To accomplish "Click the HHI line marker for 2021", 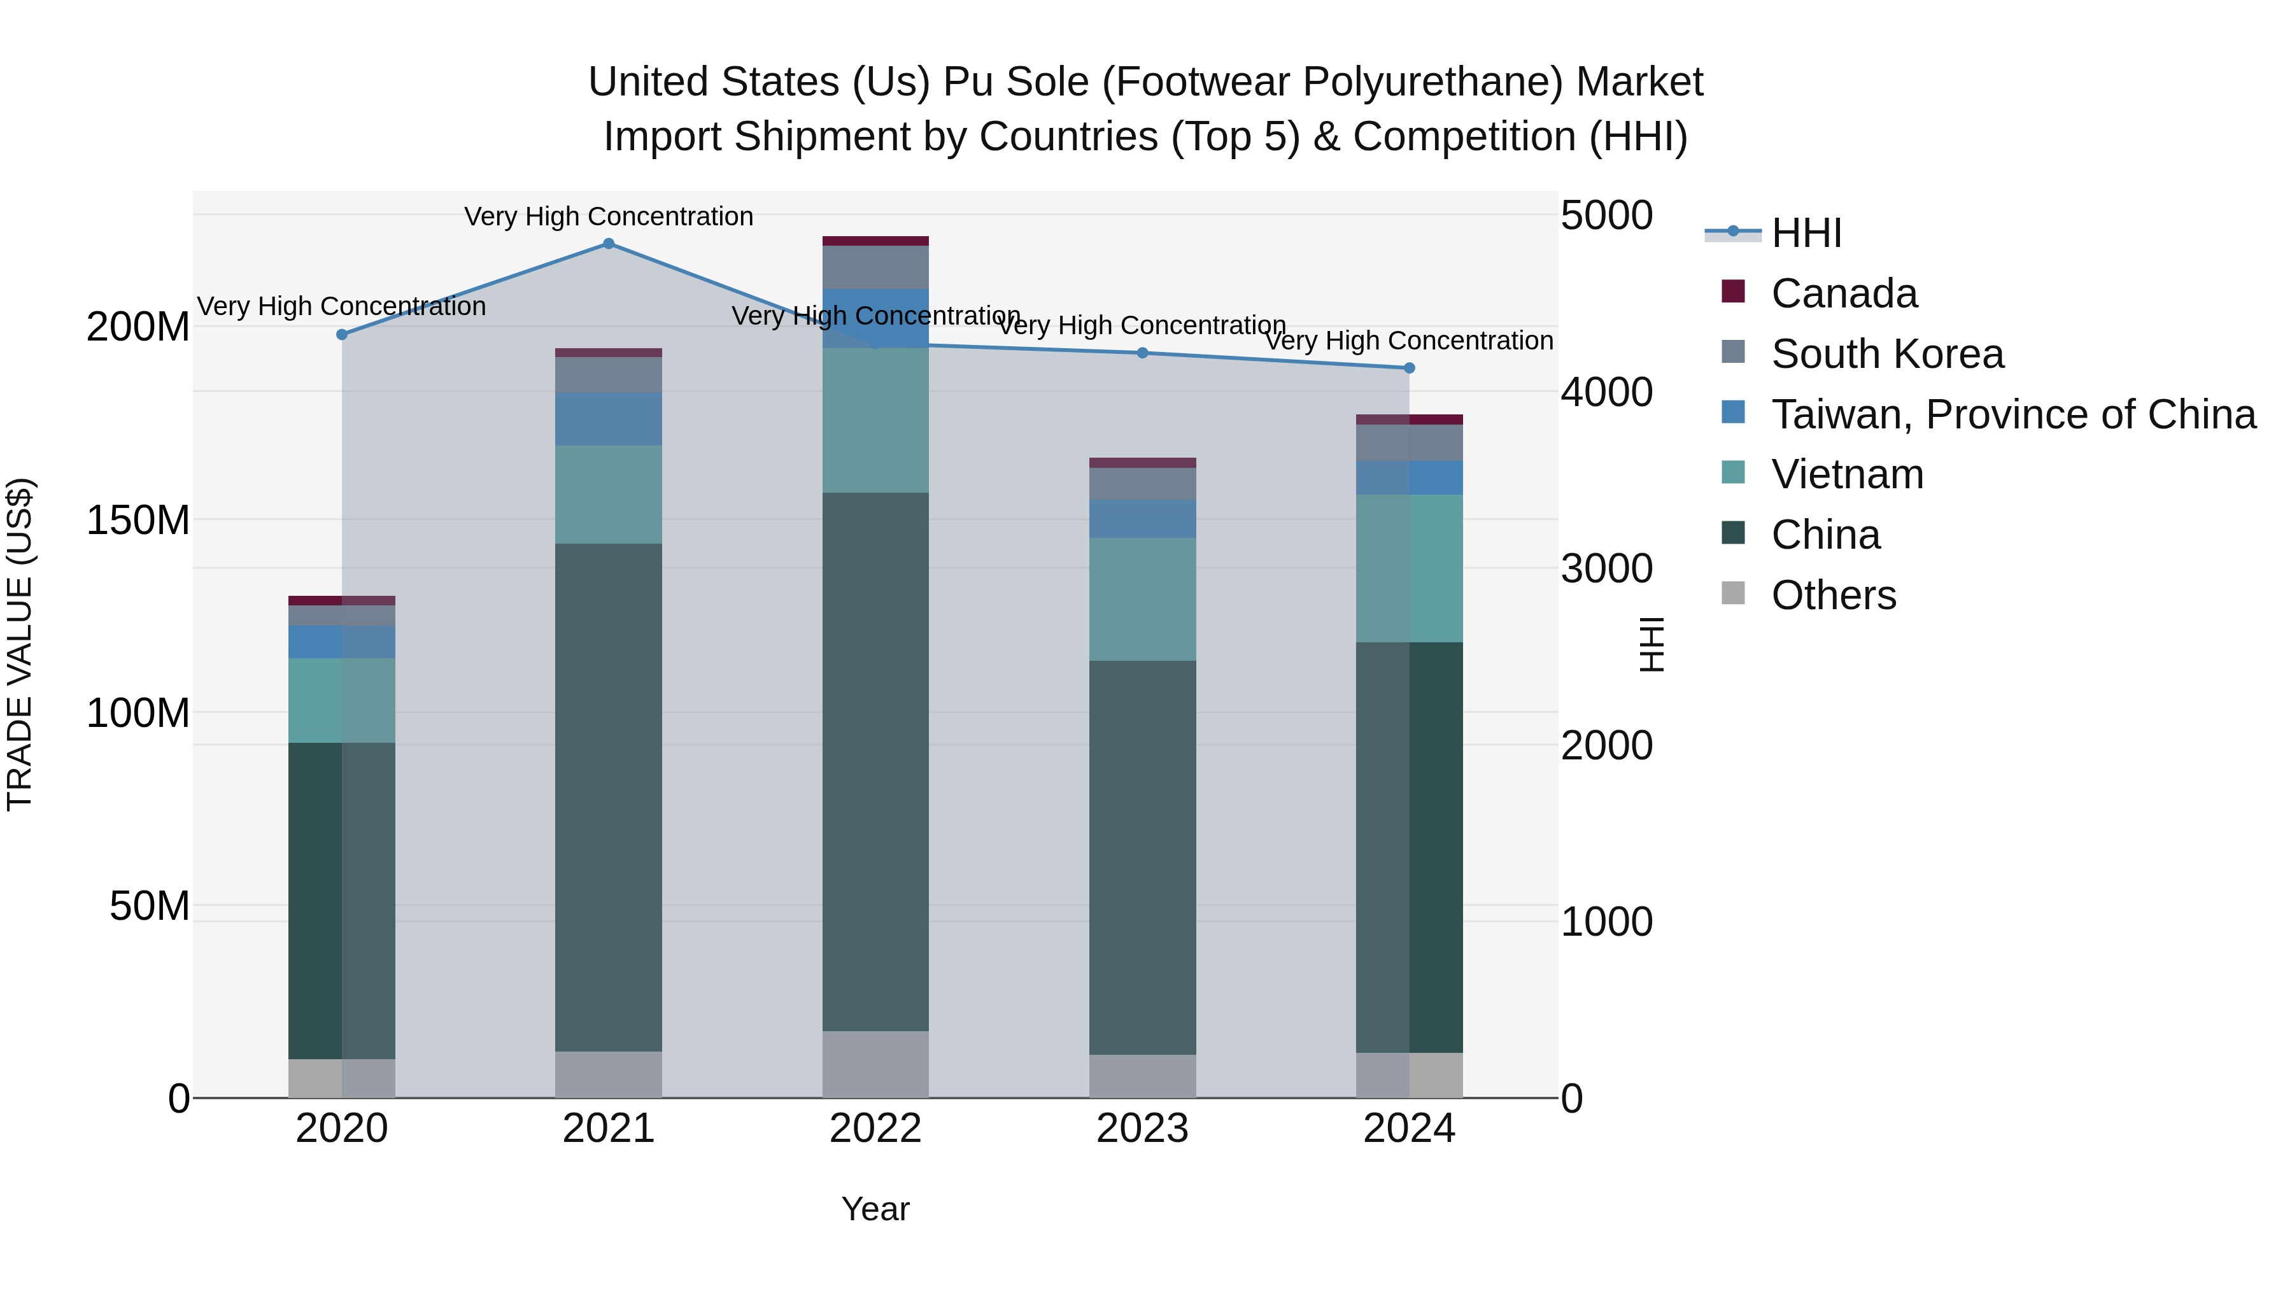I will [x=609, y=244].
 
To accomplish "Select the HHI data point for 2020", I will [x=342, y=334].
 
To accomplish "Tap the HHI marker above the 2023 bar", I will [x=1142, y=353].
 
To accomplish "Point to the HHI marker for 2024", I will [x=1410, y=369].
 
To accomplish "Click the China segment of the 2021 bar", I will [x=609, y=797].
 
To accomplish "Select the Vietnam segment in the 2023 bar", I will [x=1142, y=599].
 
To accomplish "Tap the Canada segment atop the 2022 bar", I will [x=875, y=241].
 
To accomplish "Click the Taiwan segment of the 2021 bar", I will [x=609, y=419].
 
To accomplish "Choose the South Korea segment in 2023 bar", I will [x=1142, y=484].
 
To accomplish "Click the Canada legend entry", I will [x=1844, y=293].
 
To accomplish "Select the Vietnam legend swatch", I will [x=1733, y=473].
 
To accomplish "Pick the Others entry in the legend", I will [x=1833, y=595].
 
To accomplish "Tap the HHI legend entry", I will [x=1806, y=233].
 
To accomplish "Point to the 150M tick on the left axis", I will [x=138, y=521].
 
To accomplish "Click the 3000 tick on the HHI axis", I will [x=1607, y=568].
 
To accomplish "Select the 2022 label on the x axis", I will [x=875, y=1129].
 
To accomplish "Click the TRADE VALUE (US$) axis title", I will [x=20, y=644].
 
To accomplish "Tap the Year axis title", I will [x=875, y=1209].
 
